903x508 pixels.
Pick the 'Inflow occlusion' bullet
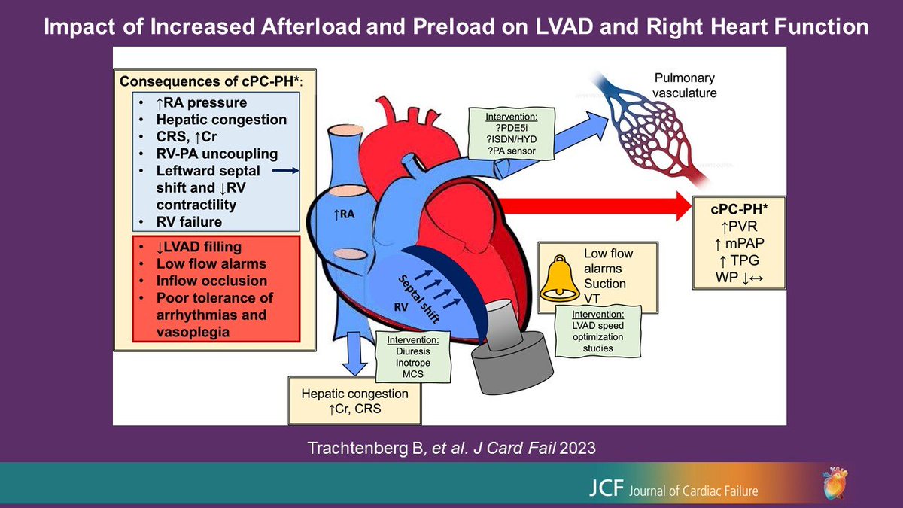(211, 281)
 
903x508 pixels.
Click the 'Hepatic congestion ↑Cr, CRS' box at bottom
(354, 400)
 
